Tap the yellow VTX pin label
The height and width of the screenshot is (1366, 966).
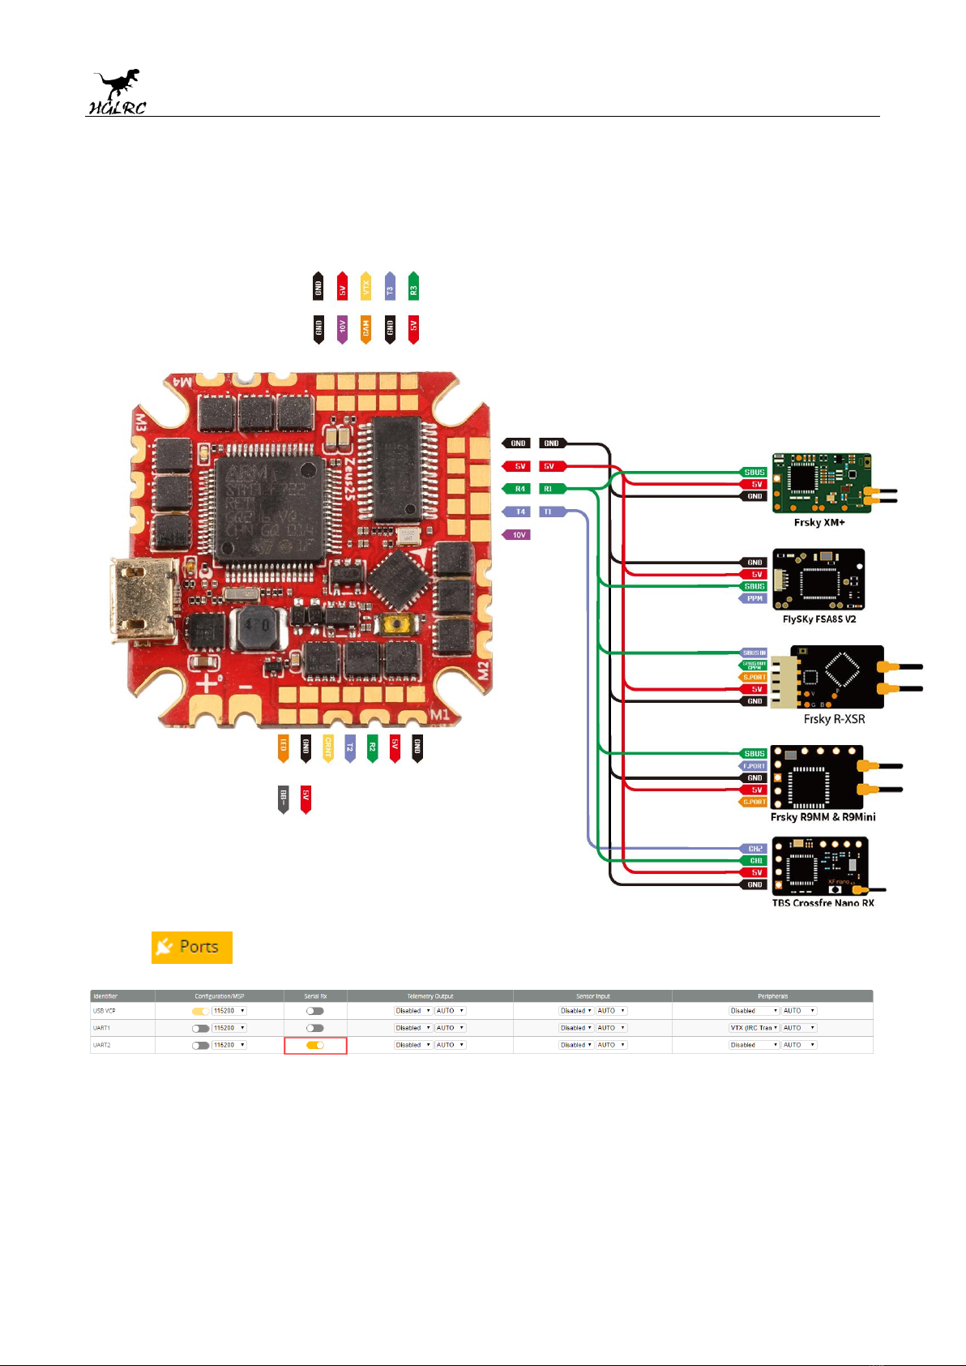(x=365, y=287)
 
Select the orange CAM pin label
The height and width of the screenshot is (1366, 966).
(x=365, y=329)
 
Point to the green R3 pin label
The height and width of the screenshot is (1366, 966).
(x=413, y=287)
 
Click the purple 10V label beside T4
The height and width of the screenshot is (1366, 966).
(x=517, y=535)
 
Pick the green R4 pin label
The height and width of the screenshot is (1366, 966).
(x=517, y=489)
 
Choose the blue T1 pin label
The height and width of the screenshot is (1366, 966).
(x=551, y=512)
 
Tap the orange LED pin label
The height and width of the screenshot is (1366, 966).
(x=284, y=748)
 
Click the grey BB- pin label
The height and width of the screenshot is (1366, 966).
(x=284, y=799)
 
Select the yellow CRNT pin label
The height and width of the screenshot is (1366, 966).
(x=328, y=748)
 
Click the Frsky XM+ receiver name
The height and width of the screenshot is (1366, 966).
(x=819, y=523)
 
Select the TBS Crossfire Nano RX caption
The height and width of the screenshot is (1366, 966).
(x=823, y=902)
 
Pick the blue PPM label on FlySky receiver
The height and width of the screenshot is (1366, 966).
(x=753, y=598)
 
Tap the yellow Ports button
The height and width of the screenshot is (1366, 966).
(x=192, y=947)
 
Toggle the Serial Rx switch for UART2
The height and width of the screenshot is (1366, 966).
(x=315, y=1045)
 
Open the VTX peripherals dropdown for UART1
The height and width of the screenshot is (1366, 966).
(x=754, y=1028)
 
